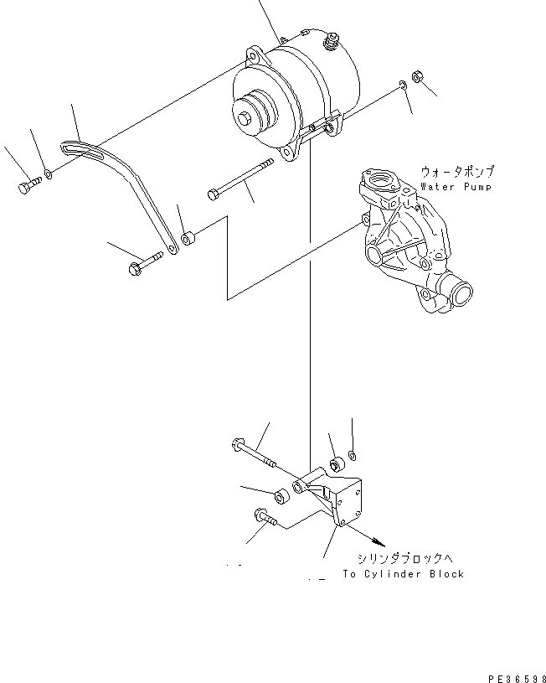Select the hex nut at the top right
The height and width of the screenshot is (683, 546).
pos(422,80)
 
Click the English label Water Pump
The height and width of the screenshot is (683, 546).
pos(456,187)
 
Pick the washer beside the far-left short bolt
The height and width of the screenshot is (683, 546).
pos(49,175)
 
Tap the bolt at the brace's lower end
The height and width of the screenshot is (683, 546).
pos(143,265)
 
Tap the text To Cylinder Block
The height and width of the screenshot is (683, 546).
pos(403,574)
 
